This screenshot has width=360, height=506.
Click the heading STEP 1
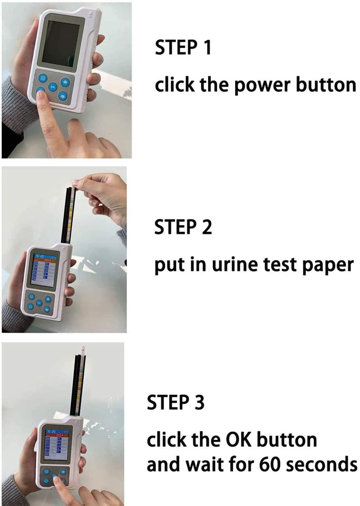(x=183, y=48)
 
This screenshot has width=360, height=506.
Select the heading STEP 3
(x=176, y=402)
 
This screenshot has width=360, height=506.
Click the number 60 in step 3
(x=270, y=464)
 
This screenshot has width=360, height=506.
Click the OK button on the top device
(x=52, y=86)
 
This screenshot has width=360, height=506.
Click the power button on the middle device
(x=30, y=306)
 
